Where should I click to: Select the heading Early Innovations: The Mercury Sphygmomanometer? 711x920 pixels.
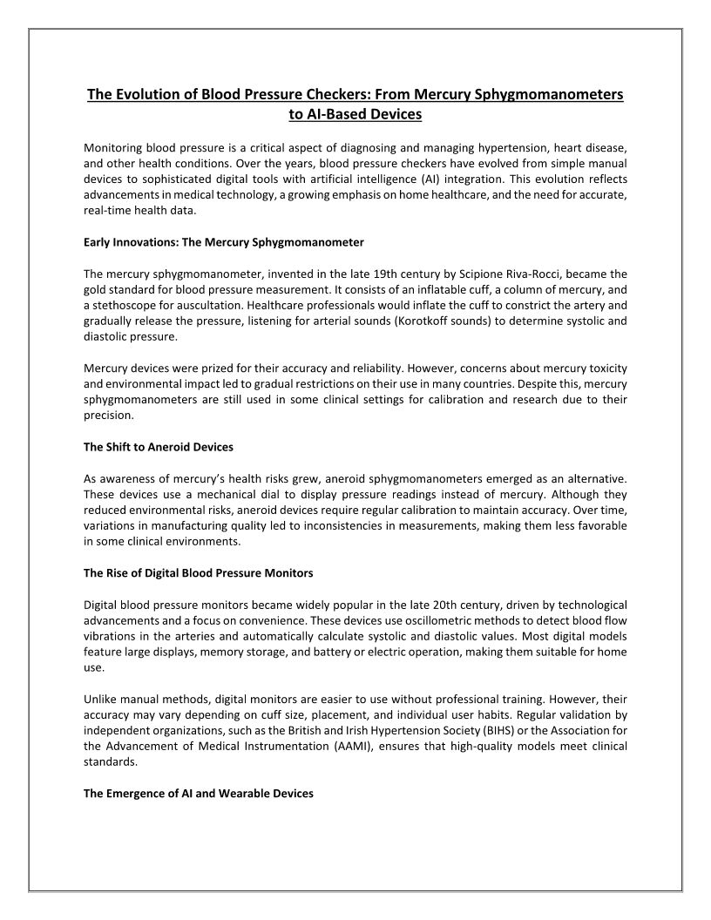click(223, 241)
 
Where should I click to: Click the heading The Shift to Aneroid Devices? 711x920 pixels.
click(159, 447)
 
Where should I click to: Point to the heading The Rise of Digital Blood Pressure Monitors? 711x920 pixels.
click(198, 573)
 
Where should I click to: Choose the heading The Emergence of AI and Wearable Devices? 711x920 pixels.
click(198, 794)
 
